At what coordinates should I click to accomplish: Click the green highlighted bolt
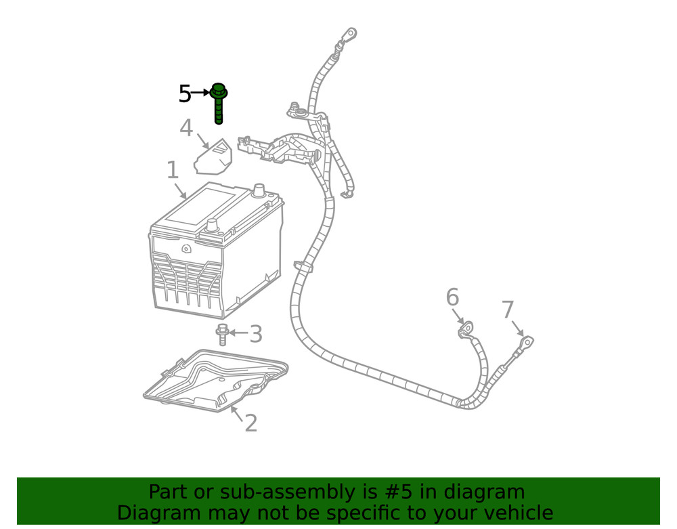(x=219, y=103)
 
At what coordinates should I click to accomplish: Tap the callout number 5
(x=185, y=93)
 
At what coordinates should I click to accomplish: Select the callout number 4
(x=186, y=128)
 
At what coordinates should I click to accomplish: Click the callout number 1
(x=173, y=170)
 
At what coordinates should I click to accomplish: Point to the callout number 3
(x=256, y=334)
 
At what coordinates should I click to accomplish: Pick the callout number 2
(x=251, y=423)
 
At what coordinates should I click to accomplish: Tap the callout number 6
(x=452, y=297)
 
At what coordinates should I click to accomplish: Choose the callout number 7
(x=508, y=310)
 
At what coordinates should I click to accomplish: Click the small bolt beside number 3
(x=222, y=334)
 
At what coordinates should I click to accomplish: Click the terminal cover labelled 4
(x=213, y=156)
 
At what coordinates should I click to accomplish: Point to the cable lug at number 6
(x=466, y=329)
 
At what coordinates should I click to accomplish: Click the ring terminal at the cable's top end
(x=350, y=34)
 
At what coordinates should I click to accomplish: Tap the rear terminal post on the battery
(x=259, y=190)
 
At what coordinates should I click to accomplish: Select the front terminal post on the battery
(x=212, y=226)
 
